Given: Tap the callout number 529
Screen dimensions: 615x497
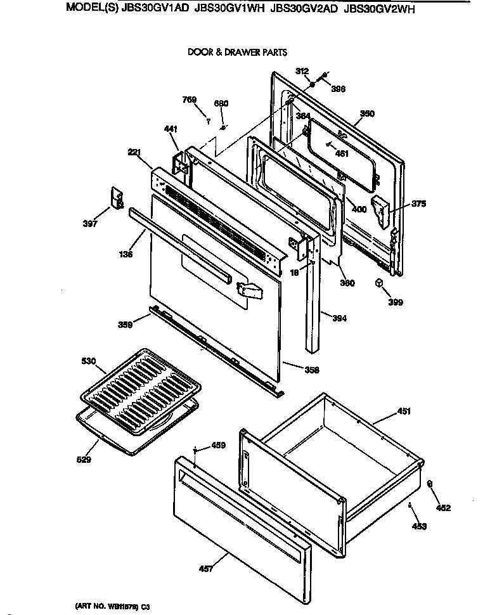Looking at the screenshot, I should tap(84, 460).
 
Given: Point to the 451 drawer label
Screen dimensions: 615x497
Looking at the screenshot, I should tap(404, 412).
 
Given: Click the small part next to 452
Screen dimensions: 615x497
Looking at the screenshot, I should tap(430, 484).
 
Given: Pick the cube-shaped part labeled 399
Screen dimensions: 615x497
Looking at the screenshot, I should tap(379, 283).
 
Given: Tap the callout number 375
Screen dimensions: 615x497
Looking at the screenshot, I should tap(419, 204).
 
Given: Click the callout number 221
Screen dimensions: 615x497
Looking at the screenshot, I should tap(134, 152).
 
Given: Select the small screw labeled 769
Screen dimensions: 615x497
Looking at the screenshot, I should tap(208, 119).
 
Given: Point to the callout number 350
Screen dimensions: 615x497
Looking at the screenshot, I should tap(367, 114).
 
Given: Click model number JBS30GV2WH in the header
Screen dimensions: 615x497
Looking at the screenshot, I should tap(380, 10).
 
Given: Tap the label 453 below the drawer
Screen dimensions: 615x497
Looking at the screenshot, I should tap(419, 526).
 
